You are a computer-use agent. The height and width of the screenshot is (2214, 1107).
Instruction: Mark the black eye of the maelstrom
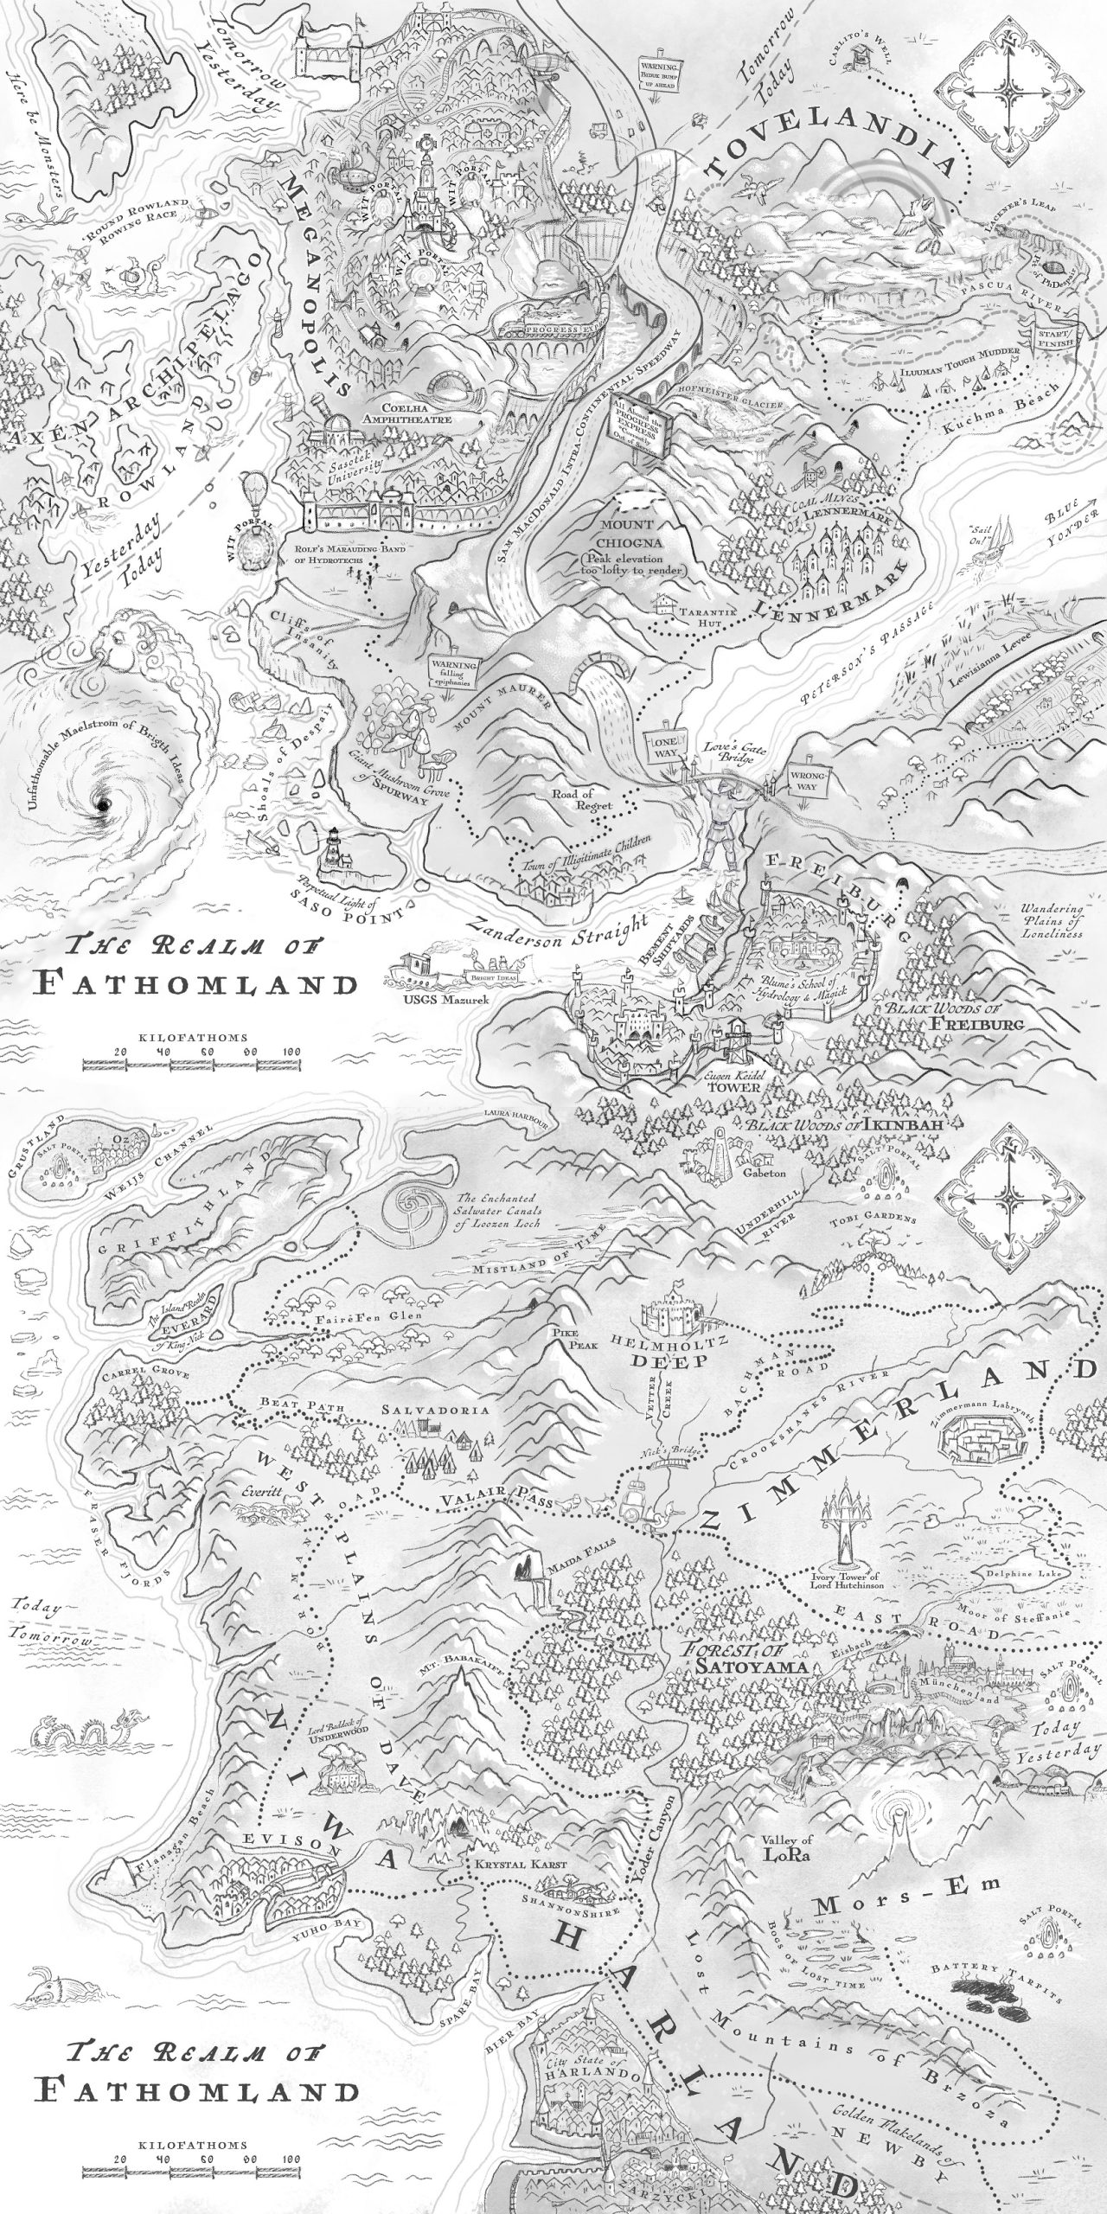(104, 807)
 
